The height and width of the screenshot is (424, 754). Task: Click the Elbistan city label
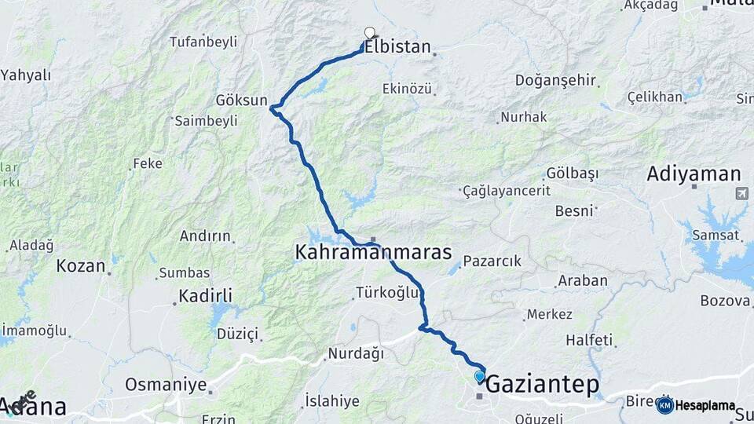point(397,47)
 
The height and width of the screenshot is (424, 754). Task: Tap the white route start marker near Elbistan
point(370,33)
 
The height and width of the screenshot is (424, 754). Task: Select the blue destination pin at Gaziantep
point(479,377)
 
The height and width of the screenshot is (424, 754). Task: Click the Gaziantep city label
point(542,386)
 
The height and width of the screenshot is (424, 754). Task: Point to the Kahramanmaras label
point(373,253)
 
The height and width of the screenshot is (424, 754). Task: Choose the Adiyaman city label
point(694,174)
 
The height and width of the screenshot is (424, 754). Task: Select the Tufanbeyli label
point(203,42)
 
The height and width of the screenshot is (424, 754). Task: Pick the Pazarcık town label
point(492,261)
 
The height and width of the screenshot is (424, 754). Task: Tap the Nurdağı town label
point(356,354)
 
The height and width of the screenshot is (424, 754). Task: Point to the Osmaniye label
point(166,386)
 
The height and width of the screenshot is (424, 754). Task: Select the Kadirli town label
point(205,296)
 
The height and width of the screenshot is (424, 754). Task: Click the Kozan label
point(81,266)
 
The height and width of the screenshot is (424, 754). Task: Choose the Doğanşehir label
point(555,80)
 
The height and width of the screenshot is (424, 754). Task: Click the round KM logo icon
point(665,405)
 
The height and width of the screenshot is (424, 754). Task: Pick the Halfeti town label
point(589,340)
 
